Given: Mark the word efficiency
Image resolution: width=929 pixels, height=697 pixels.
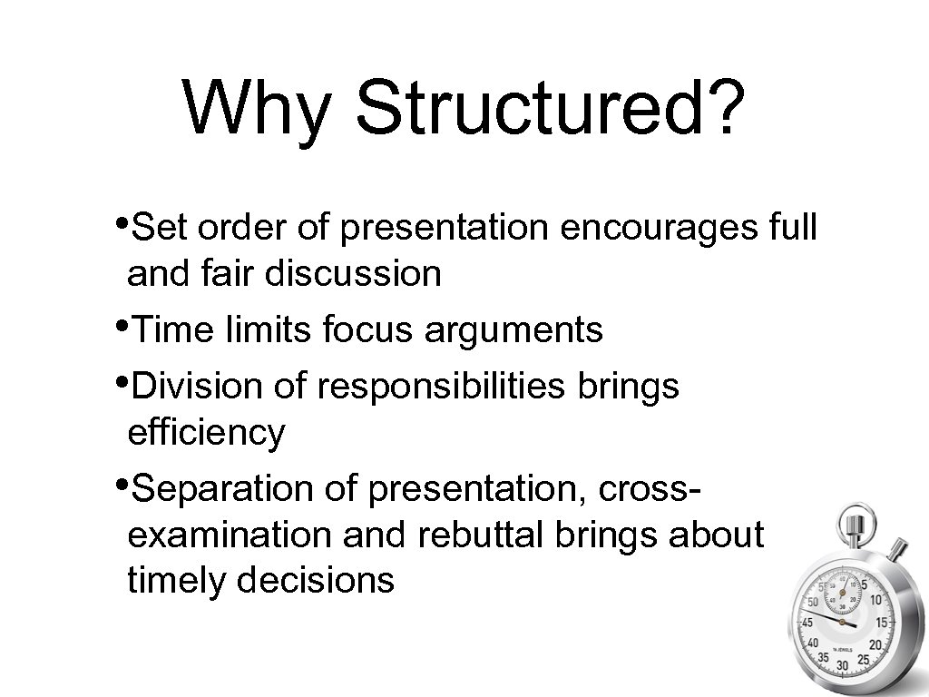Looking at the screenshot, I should pos(206,433).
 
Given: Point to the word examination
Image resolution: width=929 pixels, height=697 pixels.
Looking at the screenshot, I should pos(230,535).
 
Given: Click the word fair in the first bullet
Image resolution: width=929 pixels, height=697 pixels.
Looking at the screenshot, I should pos(235,272).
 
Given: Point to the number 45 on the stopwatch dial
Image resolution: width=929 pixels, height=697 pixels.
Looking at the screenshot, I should pos(805,623).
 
